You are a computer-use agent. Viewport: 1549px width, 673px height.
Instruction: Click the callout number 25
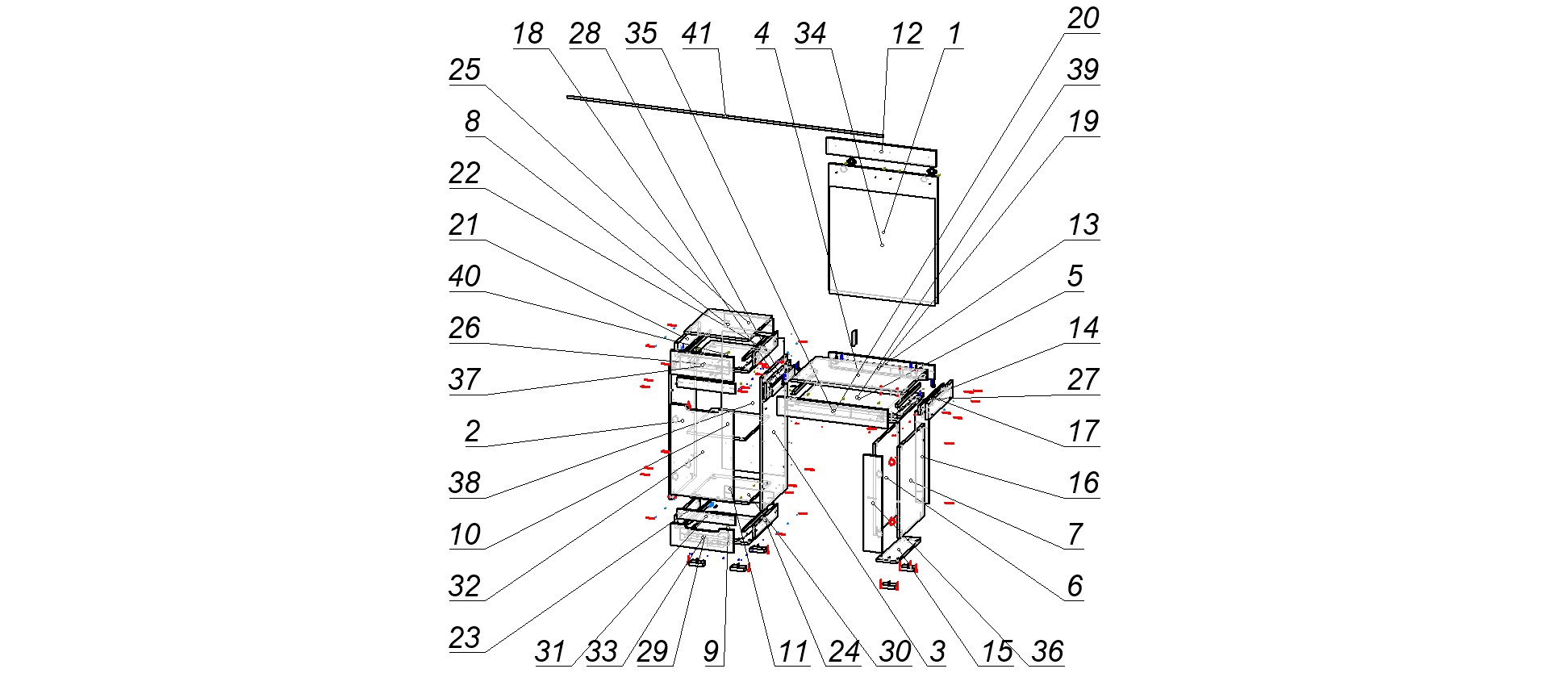tap(465, 70)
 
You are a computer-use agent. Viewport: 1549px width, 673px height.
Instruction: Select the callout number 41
tap(697, 34)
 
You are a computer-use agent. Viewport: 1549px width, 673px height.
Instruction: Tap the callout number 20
tap(1083, 19)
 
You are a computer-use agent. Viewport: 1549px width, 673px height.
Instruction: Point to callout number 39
tap(1083, 70)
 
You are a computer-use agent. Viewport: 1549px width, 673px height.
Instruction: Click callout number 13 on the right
tap(1083, 225)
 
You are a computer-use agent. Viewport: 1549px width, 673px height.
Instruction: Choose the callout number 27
tap(1083, 380)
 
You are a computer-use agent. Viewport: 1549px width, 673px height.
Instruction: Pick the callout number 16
tap(1083, 483)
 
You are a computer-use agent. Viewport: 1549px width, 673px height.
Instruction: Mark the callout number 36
tap(1048, 651)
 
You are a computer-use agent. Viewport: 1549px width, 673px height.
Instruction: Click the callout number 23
tap(465, 638)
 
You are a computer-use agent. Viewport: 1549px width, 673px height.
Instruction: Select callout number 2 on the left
tap(473, 432)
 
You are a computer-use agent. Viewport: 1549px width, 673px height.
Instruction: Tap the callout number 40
tap(465, 277)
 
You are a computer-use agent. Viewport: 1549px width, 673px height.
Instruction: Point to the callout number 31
tap(550, 651)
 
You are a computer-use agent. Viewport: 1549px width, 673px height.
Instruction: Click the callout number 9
tap(711, 651)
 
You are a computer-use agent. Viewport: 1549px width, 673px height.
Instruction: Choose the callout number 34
tap(810, 34)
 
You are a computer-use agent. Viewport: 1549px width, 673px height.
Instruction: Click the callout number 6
tap(1075, 587)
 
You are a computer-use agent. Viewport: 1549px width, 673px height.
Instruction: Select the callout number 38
tap(465, 483)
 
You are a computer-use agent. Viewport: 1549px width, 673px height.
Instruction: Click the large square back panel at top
tap(883, 242)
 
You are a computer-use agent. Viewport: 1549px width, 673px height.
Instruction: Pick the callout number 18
tap(528, 34)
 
